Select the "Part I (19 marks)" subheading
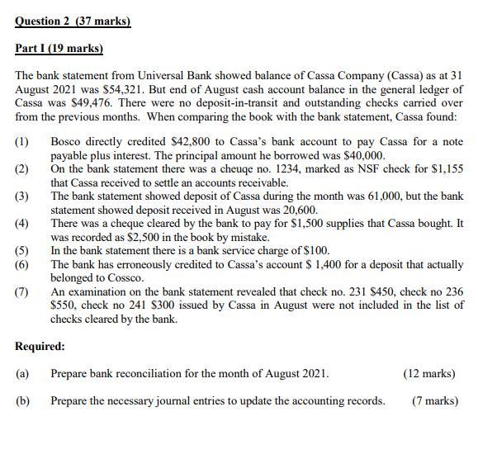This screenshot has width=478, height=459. tap(59, 48)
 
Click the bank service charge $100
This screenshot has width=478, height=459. tap(316, 250)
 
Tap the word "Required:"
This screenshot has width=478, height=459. tap(40, 347)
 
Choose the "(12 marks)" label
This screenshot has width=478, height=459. tap(428, 373)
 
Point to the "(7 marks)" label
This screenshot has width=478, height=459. tap(435, 400)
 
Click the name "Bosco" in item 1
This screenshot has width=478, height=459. tap(68, 142)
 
